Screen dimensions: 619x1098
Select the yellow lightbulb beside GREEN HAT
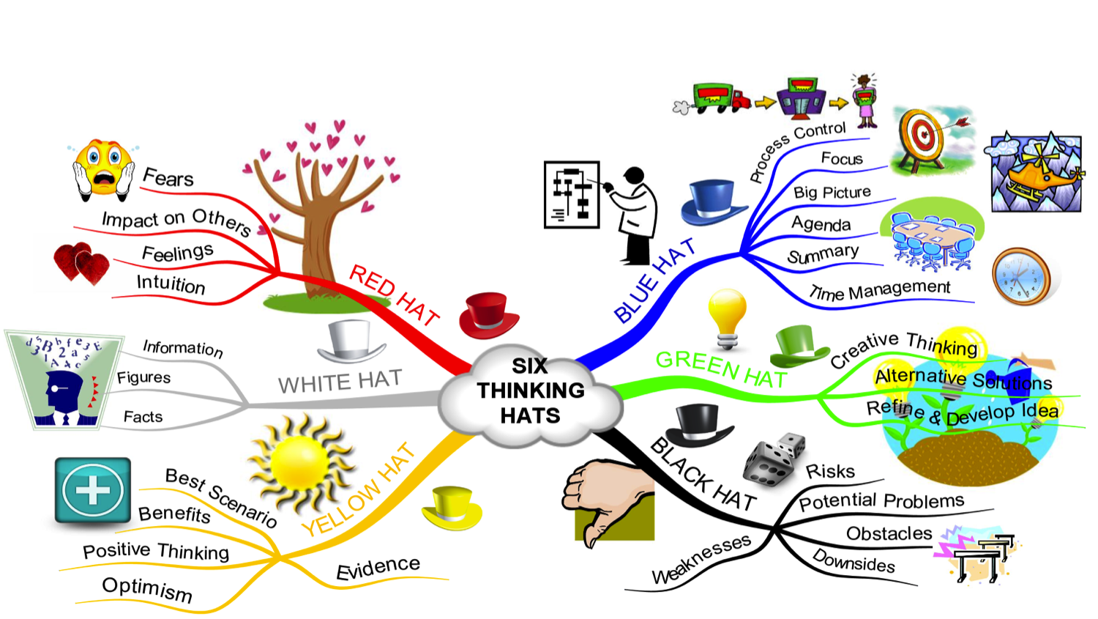(727, 317)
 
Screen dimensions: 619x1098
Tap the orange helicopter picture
(1036, 174)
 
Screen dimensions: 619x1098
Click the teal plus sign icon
(93, 491)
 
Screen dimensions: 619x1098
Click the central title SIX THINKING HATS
(531, 391)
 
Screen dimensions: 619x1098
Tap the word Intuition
(171, 283)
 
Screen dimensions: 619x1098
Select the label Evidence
(378, 568)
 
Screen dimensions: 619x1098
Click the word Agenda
(821, 224)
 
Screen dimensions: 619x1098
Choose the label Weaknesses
(701, 560)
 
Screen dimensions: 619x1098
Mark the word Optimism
(147, 588)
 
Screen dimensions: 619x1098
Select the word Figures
(143, 378)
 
